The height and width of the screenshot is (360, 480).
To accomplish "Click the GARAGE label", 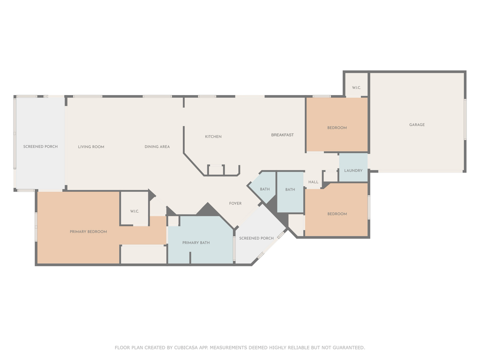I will [x=416, y=124].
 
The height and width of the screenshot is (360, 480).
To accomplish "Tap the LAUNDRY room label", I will [x=353, y=170].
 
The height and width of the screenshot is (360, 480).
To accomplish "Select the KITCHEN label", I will [x=213, y=136].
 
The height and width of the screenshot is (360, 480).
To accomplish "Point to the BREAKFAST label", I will [x=282, y=135].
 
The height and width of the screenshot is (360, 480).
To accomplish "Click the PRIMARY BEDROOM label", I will [x=88, y=231].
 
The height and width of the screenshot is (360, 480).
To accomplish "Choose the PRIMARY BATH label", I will [x=196, y=242].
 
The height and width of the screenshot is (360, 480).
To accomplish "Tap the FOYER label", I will [x=235, y=203].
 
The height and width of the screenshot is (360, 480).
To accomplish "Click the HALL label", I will [x=313, y=182].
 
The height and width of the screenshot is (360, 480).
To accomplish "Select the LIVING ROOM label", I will [x=91, y=146].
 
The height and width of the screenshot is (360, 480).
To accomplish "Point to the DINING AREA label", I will [x=157, y=146].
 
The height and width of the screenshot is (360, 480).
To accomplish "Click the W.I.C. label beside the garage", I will [x=356, y=88].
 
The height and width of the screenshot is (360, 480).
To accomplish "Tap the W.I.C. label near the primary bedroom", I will [x=134, y=211].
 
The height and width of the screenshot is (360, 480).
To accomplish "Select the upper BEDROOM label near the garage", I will [x=337, y=127].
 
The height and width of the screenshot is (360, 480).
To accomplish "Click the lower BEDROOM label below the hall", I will [x=337, y=214].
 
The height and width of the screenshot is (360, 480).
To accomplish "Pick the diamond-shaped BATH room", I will [x=264, y=189].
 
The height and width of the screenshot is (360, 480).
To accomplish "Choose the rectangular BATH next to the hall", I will [x=290, y=189].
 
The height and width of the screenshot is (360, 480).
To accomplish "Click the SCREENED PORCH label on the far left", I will [x=40, y=146].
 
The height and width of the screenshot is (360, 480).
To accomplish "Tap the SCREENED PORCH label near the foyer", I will [x=256, y=238].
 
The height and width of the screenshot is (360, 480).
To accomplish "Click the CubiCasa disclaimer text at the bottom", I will [x=240, y=347].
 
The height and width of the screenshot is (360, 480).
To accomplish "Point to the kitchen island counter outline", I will [x=223, y=170].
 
